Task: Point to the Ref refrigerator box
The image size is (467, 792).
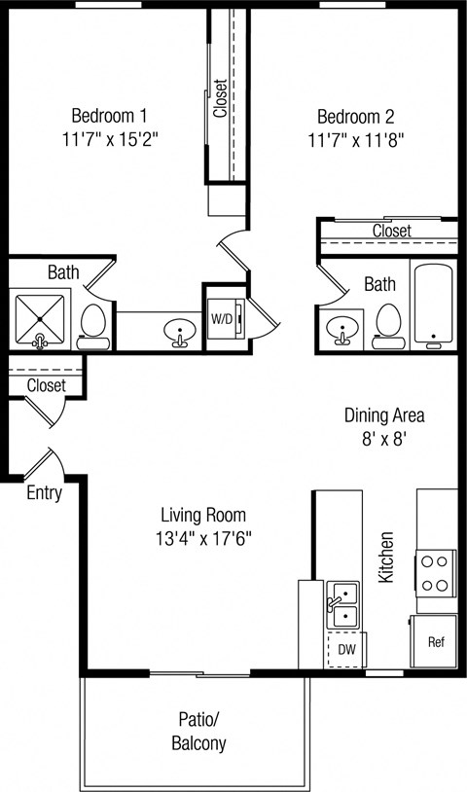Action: (436, 642)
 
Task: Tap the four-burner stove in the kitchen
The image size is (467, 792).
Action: (437, 573)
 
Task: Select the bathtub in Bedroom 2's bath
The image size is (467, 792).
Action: (433, 304)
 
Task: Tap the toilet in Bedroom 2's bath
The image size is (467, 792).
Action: (388, 325)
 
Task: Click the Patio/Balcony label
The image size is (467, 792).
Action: (201, 732)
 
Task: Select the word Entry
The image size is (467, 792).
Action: (44, 493)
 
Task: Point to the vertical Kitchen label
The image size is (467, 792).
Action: (386, 557)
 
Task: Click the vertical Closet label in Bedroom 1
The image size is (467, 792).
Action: (221, 98)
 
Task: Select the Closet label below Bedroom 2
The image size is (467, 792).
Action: (391, 232)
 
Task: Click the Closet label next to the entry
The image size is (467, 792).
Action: (46, 385)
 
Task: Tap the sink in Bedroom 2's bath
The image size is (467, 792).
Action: (341, 330)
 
